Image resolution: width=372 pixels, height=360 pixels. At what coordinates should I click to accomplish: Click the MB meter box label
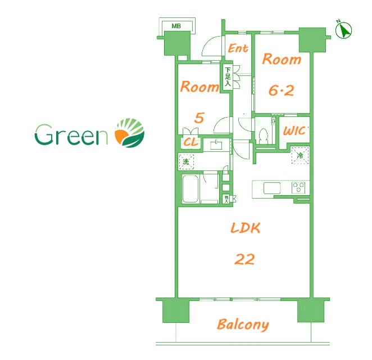(x=176, y=26)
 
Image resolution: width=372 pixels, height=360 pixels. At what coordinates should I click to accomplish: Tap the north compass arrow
(x=344, y=30)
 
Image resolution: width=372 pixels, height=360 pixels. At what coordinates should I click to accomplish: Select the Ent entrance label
(x=238, y=48)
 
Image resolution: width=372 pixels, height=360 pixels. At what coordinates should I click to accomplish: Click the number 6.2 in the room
(x=281, y=91)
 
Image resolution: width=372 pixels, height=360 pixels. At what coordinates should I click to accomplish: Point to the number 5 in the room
(x=199, y=118)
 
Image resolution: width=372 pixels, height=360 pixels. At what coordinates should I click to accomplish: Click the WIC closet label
(x=294, y=131)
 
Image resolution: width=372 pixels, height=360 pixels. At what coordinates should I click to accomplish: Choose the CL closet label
(x=190, y=142)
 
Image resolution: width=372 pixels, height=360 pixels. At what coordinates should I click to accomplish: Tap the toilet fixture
(x=263, y=136)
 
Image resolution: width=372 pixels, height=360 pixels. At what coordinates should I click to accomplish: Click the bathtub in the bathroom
(x=190, y=189)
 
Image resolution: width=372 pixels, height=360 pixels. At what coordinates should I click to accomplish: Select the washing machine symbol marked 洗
(x=186, y=161)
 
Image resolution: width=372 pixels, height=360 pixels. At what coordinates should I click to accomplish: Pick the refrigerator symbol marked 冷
(x=300, y=155)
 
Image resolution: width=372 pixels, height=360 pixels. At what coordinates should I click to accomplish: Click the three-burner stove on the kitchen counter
(x=298, y=187)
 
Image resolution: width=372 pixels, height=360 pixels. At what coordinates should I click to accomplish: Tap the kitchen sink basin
(x=272, y=188)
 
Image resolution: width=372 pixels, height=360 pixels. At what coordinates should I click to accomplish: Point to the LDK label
(x=246, y=228)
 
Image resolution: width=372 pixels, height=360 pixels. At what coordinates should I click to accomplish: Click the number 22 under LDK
(x=244, y=259)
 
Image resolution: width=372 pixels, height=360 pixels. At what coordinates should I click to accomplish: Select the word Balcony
(x=243, y=325)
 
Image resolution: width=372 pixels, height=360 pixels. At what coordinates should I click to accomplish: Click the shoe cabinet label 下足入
(x=228, y=76)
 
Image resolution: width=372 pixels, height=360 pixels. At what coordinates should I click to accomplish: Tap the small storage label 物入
(x=226, y=199)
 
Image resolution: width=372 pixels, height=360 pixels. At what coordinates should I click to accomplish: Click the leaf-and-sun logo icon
(x=130, y=133)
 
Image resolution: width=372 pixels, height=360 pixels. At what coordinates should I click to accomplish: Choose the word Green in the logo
(x=71, y=134)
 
